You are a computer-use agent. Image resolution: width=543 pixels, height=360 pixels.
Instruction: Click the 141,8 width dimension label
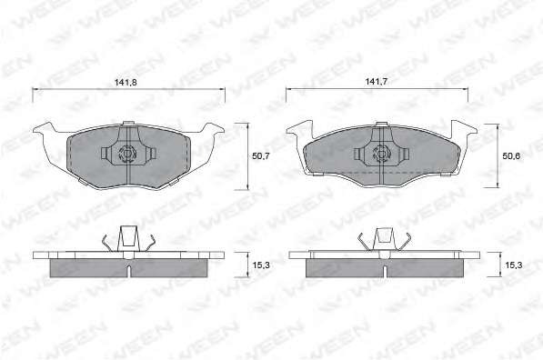point(126,82)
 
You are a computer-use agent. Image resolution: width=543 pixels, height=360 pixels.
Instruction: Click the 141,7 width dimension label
point(376,82)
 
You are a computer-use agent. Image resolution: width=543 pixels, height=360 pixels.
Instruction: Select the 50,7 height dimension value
point(260,156)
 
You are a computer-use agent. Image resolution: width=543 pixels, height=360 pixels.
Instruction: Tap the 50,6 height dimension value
point(511,156)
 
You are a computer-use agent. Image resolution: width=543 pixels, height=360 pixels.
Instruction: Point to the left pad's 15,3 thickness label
point(261,265)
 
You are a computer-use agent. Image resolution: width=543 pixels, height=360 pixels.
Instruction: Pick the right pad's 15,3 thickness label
point(514,265)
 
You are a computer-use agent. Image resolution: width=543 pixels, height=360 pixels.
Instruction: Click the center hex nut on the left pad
point(126,154)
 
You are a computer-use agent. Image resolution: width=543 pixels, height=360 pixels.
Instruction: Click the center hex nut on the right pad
point(380,154)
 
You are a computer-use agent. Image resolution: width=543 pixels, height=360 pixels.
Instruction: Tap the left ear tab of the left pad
point(45,129)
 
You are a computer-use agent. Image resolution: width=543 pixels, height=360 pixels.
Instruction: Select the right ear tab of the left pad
point(212,129)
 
